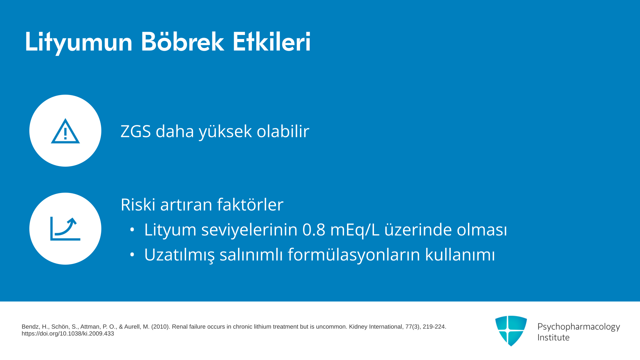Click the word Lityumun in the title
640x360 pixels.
pos(79,42)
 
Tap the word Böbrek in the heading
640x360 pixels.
pos(182,42)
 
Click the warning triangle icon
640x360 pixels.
pos(65,131)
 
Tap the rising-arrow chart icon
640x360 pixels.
pos(65,229)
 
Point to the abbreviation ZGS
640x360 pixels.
pos(136,131)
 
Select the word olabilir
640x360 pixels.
pos(283,131)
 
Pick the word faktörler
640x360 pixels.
pos(250,204)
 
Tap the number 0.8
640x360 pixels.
pos(314,230)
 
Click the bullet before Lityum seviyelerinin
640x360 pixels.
pos(132,230)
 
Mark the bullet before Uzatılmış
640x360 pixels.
pos(132,255)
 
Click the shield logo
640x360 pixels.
pos(511,331)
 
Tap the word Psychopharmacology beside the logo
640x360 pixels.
pos(579,327)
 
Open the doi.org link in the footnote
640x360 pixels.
pos(68,334)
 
